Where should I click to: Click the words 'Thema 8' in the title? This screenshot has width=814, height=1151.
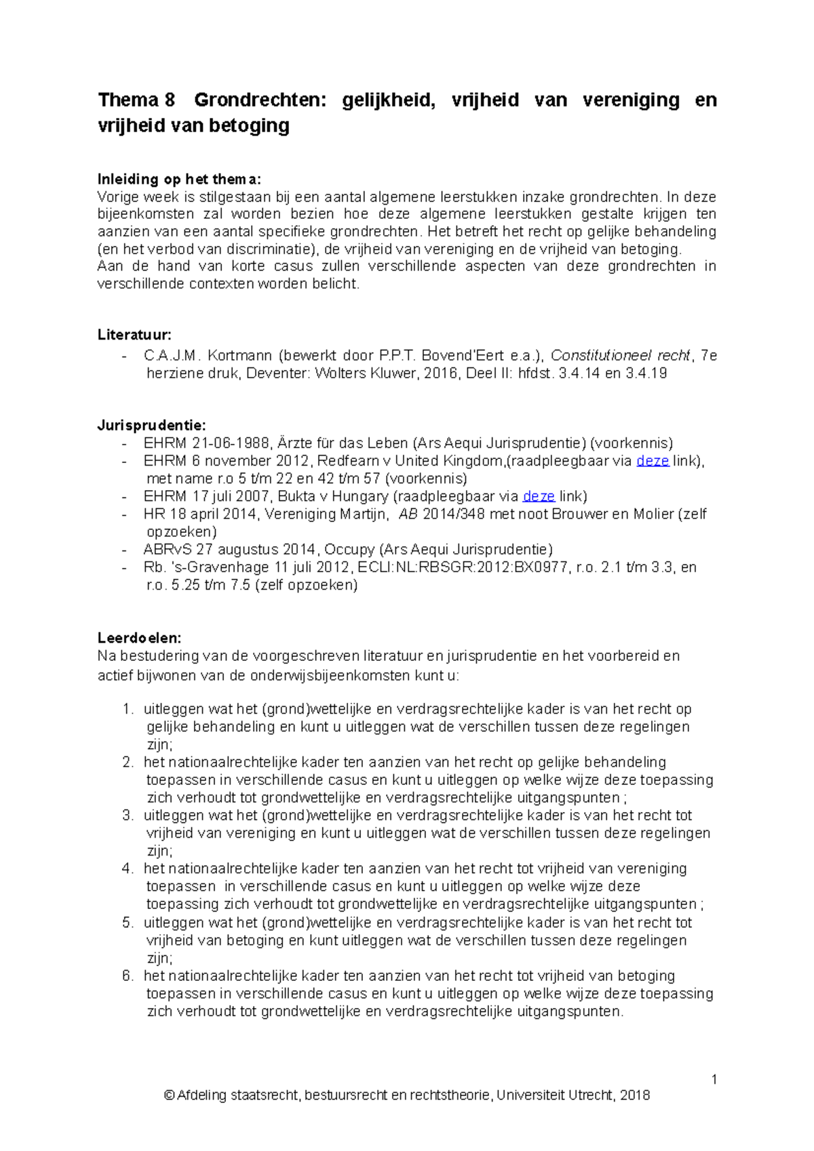[136, 100]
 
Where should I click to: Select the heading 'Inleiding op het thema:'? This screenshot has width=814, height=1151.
[178, 180]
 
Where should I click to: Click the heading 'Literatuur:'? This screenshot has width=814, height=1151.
[134, 335]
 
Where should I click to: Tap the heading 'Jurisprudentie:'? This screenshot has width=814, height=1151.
[151, 426]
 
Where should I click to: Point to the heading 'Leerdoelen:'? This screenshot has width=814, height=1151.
[139, 638]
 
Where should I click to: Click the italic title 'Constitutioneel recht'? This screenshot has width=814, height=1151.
[620, 356]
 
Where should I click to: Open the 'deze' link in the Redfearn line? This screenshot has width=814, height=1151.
[653, 461]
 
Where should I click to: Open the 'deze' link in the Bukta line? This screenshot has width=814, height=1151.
[539, 496]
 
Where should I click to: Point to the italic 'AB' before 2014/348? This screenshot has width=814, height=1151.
[408, 514]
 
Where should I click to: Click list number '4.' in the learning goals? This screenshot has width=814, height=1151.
[128, 869]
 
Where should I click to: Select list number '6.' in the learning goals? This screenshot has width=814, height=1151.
[128, 976]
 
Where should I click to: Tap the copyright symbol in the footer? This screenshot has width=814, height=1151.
[169, 1095]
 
